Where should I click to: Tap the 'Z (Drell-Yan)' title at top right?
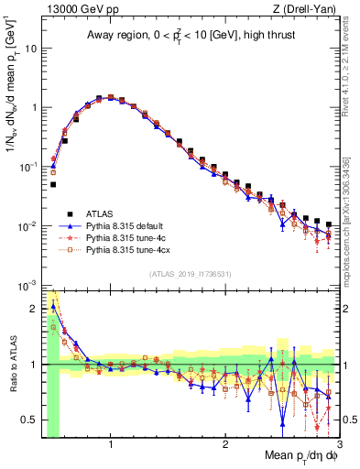[309, 9]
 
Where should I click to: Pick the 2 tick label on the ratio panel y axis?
[36, 309]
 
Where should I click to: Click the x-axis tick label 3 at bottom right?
[338, 444]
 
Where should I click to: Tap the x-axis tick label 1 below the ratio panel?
[111, 444]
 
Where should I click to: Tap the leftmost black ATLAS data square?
[53, 184]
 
